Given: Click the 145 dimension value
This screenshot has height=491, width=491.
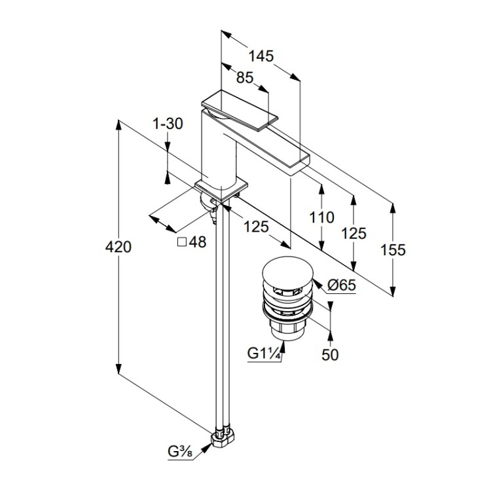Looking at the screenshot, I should click(261, 56).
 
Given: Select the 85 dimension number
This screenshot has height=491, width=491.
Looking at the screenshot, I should click(244, 78).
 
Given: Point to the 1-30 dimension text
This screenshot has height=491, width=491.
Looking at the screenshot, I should click(167, 124).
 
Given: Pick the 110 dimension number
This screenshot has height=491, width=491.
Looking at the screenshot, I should click(322, 217).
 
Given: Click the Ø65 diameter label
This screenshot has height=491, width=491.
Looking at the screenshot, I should click(342, 285).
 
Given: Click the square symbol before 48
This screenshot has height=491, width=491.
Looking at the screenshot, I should click(183, 242).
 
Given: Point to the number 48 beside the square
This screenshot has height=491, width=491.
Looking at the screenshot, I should click(198, 242).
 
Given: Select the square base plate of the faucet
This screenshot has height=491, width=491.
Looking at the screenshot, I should click(223, 188).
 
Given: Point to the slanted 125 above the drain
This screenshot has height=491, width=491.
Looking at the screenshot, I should click(256, 227).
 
